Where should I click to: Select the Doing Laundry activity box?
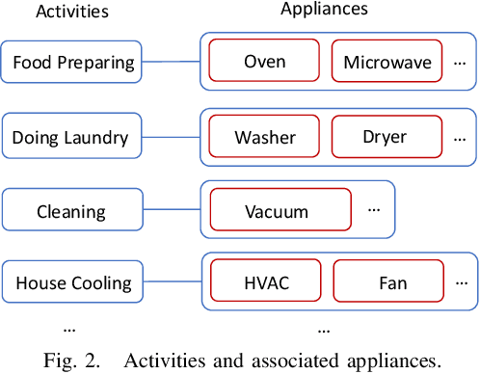coord(71,138)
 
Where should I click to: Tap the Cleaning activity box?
coord(71,211)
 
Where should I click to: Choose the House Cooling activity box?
coord(71,283)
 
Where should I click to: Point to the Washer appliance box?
coord(264,137)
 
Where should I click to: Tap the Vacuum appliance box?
coord(277,211)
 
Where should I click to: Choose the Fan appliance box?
coord(386,283)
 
